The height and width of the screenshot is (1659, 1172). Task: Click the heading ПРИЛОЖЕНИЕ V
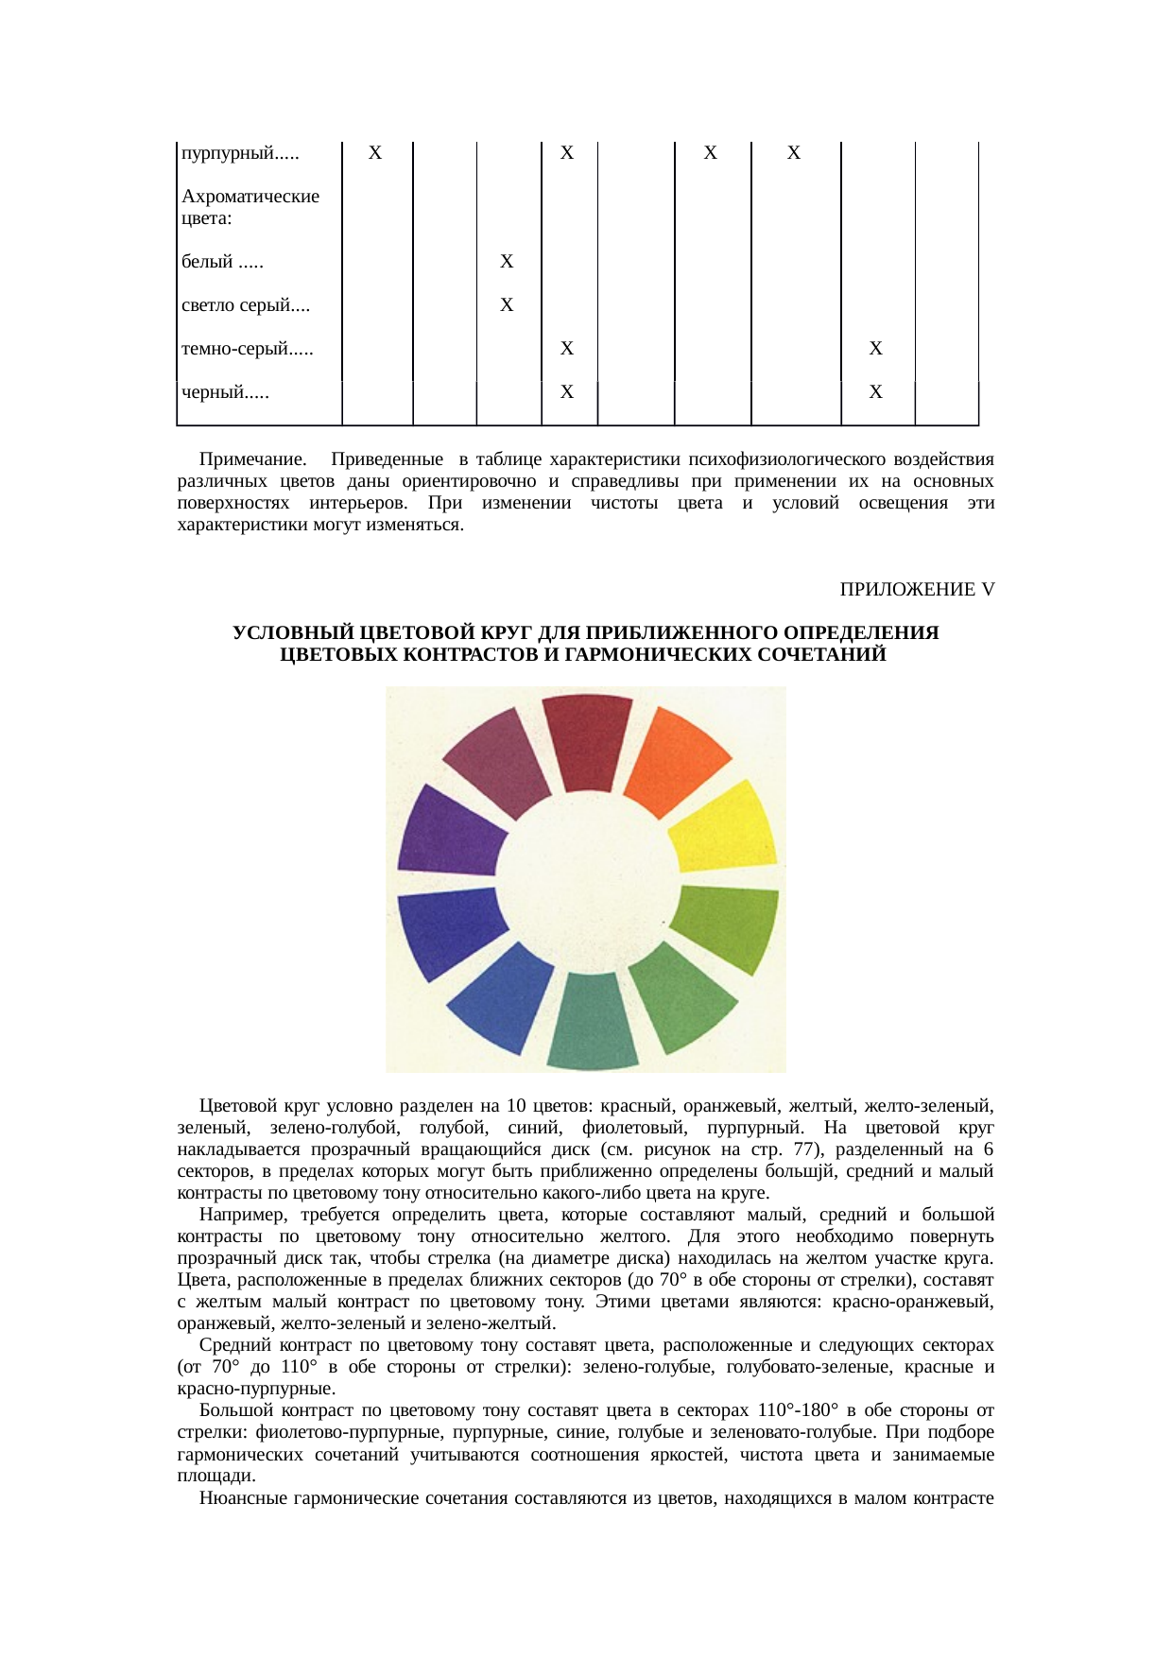click(x=917, y=589)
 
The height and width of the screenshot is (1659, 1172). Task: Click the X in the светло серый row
click(x=507, y=305)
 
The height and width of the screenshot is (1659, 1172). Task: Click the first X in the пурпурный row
click(x=375, y=153)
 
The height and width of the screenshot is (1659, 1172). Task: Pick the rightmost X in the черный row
click(x=876, y=392)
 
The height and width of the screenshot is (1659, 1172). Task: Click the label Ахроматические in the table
click(x=250, y=197)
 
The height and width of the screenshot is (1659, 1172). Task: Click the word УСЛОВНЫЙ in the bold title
click(x=287, y=632)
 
